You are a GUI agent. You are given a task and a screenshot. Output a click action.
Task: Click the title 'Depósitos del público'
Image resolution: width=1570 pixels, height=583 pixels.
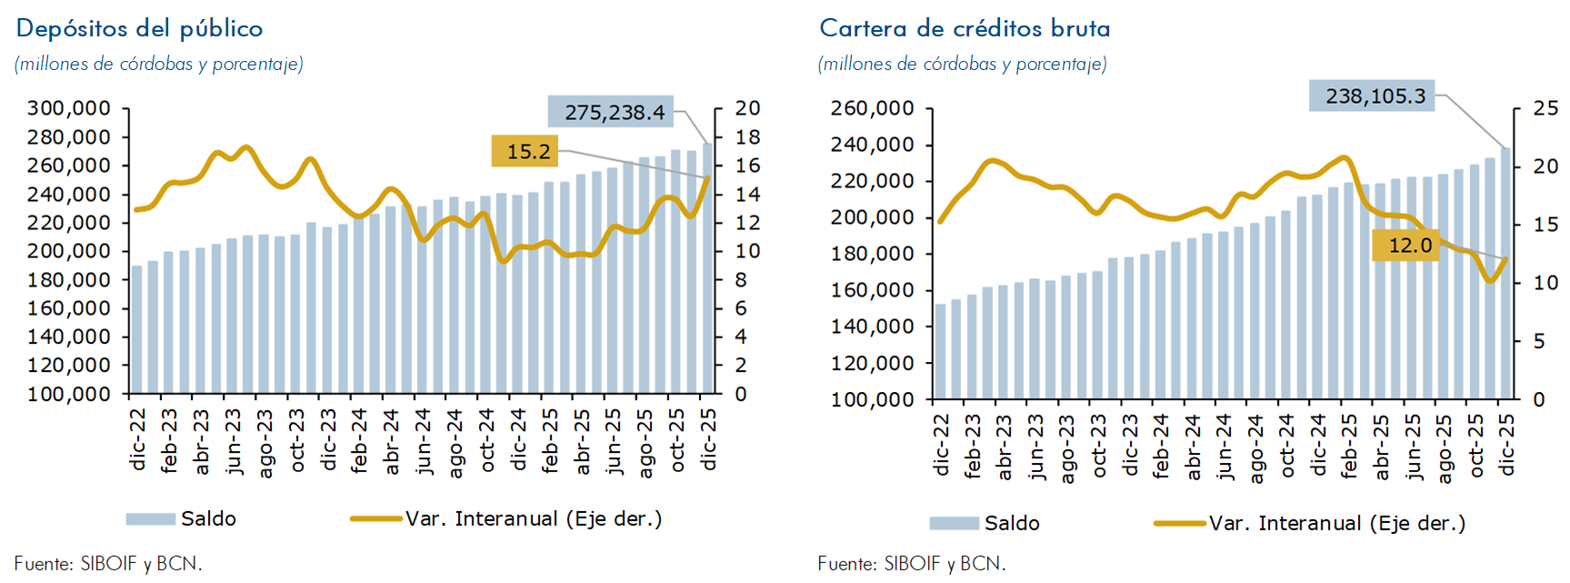[x=139, y=29]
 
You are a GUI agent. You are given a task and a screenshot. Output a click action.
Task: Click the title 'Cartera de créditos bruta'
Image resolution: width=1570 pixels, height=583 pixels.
[x=965, y=29]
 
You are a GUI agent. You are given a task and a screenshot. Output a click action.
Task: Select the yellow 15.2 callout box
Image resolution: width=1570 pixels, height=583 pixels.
[x=525, y=151]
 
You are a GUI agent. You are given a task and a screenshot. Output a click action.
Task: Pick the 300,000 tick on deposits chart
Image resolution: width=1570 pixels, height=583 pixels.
[x=69, y=108]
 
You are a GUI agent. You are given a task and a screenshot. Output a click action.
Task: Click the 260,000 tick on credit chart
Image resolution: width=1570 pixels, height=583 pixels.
[x=873, y=108]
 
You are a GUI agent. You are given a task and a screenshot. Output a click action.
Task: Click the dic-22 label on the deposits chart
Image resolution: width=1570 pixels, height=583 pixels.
[x=138, y=439]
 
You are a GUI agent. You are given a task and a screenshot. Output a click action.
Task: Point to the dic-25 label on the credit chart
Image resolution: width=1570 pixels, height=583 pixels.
[x=1507, y=444]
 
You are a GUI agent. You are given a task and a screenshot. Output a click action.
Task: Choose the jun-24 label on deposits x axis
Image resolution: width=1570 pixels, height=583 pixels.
[x=423, y=441]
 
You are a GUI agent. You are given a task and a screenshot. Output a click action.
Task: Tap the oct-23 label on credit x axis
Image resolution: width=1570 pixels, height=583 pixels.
[x=1098, y=446]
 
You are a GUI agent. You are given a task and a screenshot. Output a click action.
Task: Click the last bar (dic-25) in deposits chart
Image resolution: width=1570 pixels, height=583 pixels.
[x=707, y=268]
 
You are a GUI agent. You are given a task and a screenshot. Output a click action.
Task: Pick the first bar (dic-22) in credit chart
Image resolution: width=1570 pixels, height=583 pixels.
[x=940, y=351]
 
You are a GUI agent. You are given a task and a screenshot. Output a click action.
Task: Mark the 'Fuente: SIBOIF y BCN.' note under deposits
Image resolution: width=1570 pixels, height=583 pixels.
[x=108, y=564]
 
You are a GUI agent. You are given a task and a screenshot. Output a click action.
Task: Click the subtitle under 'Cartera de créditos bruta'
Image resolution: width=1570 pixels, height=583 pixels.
[x=962, y=64]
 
